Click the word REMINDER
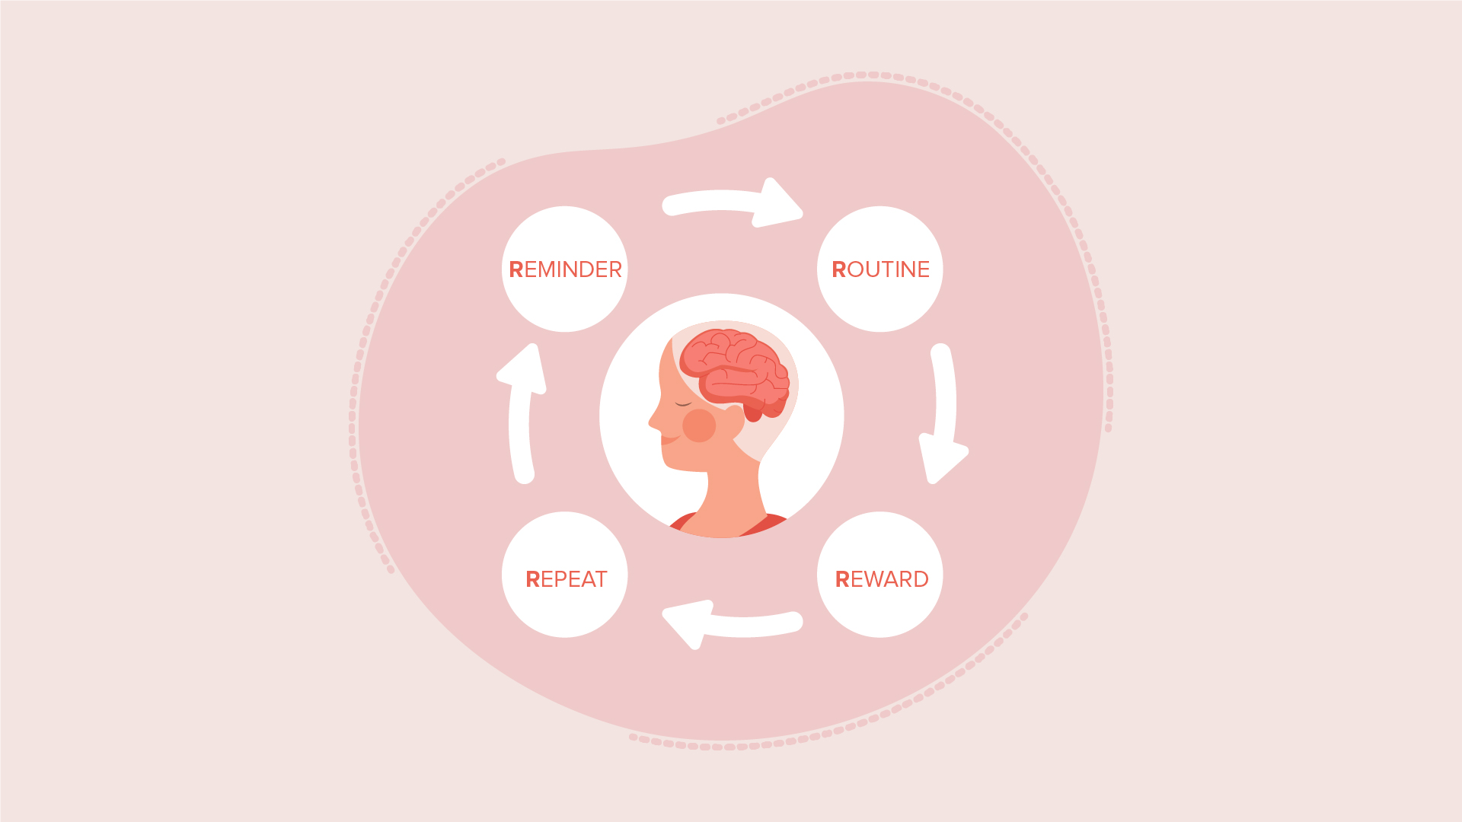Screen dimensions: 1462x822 coord(565,269)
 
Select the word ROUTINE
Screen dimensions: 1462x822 coord(880,269)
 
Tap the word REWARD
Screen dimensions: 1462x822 coord(881,579)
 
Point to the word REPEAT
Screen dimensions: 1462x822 coord(566,579)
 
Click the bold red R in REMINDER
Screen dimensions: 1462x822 coord(516,269)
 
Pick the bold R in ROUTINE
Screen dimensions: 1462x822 coord(838,269)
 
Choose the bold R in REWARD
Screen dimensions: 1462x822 coord(842,579)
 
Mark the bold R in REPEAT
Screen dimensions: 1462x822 coord(532,579)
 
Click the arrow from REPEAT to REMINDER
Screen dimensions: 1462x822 coord(522,415)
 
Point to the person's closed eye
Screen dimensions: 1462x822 coord(683,404)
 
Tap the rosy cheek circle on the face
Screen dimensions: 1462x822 coord(699,425)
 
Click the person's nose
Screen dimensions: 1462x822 coord(653,421)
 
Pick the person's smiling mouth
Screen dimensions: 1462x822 coord(669,439)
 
